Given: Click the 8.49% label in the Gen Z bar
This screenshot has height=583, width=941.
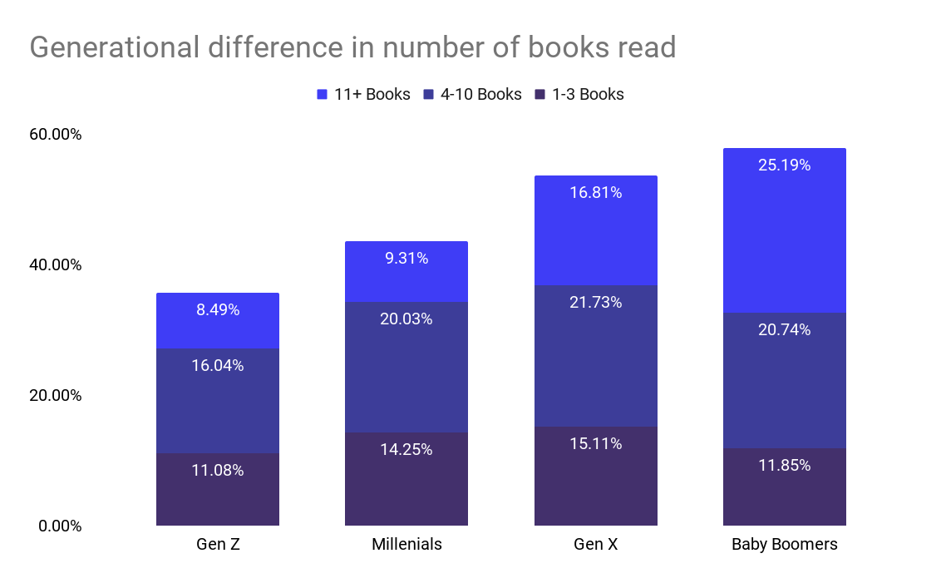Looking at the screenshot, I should coord(218,310).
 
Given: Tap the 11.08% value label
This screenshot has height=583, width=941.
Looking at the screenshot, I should coord(218,471).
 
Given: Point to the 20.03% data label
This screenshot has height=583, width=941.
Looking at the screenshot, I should coord(406,319).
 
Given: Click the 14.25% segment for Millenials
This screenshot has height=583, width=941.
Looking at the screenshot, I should coord(406,478).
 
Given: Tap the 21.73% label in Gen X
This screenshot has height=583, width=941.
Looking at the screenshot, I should coord(596,303).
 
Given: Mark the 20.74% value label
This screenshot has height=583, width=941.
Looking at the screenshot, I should coord(785,330).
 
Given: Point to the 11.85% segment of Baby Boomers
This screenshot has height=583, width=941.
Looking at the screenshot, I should coord(785,487).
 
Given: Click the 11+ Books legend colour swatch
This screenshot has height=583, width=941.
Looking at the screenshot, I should coord(323,95).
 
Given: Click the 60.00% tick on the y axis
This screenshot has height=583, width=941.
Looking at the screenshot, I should coord(56,135).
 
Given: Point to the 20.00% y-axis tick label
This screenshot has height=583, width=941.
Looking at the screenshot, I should coord(56,395).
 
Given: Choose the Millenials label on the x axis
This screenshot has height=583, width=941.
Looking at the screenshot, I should coord(406,546).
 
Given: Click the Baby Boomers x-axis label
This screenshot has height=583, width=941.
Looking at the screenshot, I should coord(785,546).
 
